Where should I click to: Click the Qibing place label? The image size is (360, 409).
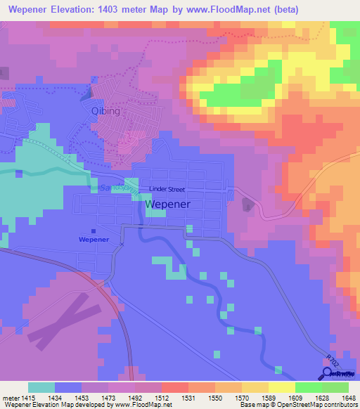click(x=106, y=111)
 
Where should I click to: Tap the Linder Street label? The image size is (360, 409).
click(x=167, y=189)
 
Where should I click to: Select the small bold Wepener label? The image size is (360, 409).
click(x=94, y=239)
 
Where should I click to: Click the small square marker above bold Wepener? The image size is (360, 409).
click(x=94, y=230)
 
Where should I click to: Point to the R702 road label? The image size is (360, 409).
click(x=334, y=361)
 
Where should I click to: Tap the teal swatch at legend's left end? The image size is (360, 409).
click(x=41, y=388)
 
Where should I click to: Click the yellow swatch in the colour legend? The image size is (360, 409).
click(x=281, y=388)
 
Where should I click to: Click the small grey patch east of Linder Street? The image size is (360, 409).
click(x=247, y=204)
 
